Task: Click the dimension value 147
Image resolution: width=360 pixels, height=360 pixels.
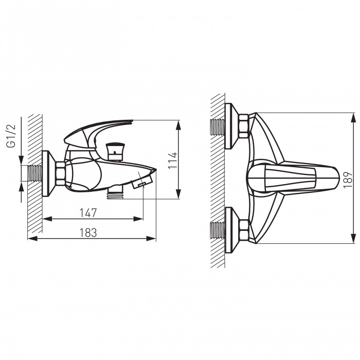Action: click(x=88, y=213)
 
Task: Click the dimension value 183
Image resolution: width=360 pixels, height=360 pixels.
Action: click(x=88, y=232)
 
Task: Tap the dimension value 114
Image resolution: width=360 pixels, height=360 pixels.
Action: click(x=173, y=160)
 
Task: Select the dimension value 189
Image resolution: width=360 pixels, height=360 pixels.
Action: click(x=348, y=179)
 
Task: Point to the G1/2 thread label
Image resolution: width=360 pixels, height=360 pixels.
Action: click(x=11, y=136)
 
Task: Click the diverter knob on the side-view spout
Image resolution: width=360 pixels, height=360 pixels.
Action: click(x=115, y=152)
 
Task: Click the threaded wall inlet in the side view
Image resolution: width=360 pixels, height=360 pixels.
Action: click(x=35, y=173)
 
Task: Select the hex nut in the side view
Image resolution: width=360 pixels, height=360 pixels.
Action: click(x=60, y=173)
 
